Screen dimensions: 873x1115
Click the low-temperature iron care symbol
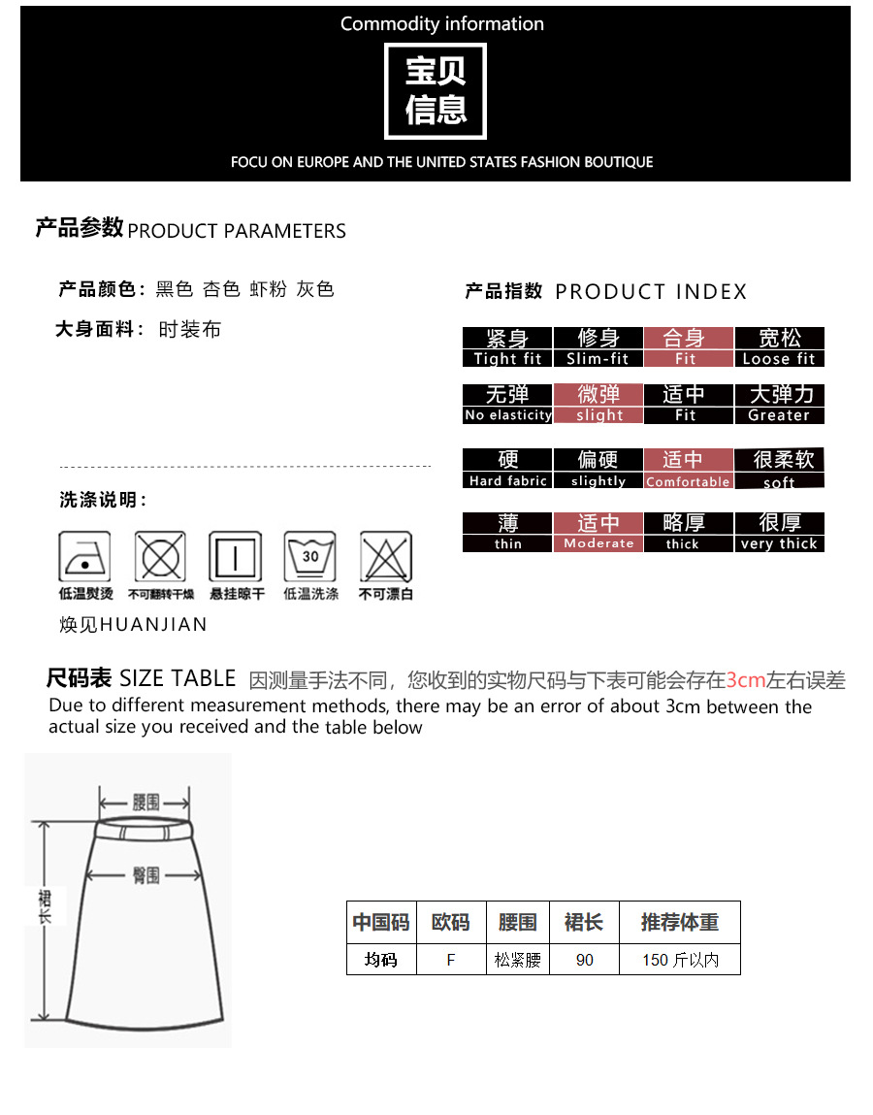pyautogui.click(x=84, y=556)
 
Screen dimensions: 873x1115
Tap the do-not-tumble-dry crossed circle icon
pyautogui.click(x=161, y=556)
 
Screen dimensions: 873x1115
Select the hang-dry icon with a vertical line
pyautogui.click(x=236, y=556)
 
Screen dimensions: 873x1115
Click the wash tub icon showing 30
pyautogui.click(x=310, y=556)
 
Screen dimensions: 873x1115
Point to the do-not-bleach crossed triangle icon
pyautogui.click(x=386, y=556)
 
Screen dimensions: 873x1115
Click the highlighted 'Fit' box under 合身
pyautogui.click(x=688, y=347)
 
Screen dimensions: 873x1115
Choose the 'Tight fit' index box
pyautogui.click(x=507, y=347)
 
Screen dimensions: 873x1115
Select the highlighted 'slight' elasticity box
pyautogui.click(x=598, y=404)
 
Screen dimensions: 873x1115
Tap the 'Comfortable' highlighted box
pyautogui.click(x=688, y=469)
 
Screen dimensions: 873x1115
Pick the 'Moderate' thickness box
pyautogui.click(x=598, y=532)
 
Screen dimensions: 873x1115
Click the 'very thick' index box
pyautogui.click(x=779, y=532)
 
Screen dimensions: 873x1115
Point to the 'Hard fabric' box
pyautogui.click(x=507, y=469)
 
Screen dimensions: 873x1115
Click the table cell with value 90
pyautogui.click(x=584, y=960)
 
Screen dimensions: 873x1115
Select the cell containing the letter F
pyautogui.click(x=451, y=960)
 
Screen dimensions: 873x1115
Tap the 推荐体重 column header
pyautogui.click(x=680, y=922)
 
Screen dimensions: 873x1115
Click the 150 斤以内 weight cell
pyautogui.click(x=680, y=960)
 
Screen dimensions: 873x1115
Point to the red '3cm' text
pyautogui.click(x=746, y=680)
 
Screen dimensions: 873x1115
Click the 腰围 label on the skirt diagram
pyautogui.click(x=145, y=803)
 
